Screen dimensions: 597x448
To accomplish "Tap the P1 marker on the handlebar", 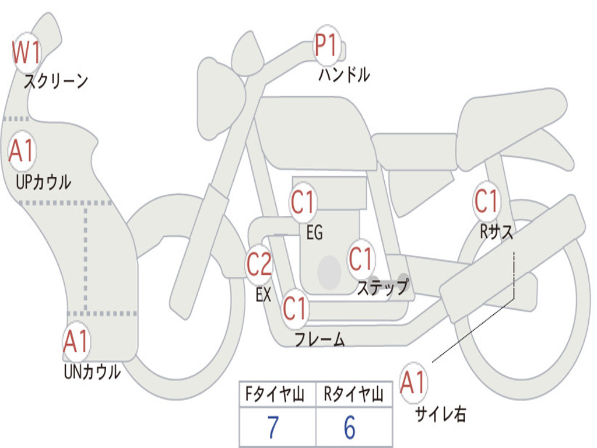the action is [326, 45].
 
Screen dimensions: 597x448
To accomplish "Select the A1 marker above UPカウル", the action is [22, 151].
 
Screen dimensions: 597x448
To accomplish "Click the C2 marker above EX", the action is [259, 264].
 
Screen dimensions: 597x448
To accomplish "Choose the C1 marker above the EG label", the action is [303, 202].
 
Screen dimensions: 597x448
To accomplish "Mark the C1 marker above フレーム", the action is [295, 308].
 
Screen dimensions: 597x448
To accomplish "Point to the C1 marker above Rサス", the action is [487, 201].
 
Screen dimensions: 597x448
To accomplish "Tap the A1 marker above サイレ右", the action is [413, 383].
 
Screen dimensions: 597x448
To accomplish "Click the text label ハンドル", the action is [344, 75].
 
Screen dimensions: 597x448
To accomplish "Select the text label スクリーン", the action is [56, 81].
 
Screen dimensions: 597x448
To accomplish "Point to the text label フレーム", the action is [320, 339].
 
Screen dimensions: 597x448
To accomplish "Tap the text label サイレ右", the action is [441, 414].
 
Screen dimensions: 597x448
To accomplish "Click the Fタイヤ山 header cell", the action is [278, 394].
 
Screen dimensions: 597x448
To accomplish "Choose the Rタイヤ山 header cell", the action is [354, 394].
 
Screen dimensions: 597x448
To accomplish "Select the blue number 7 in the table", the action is [273, 428].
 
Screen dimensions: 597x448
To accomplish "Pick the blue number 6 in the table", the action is [350, 428].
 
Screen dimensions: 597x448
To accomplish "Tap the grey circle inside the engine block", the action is [329, 272].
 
